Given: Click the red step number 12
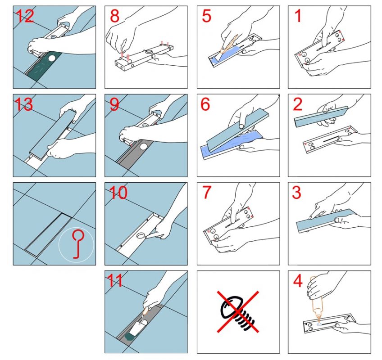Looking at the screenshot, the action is click(25, 16).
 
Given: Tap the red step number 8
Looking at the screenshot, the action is click(114, 16).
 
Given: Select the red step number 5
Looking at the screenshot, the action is click(206, 16).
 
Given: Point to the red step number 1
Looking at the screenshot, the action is click(298, 16).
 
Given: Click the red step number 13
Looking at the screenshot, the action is click(23, 104).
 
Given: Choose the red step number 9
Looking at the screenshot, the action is click(114, 104).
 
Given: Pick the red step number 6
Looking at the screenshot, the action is click(205, 104).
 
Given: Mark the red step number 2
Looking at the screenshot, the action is click(298, 104).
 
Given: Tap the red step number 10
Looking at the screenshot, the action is click(118, 193).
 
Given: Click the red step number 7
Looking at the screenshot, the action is click(207, 192).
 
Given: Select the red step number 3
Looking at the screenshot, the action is click(296, 192).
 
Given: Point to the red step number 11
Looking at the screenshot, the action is click(115, 281).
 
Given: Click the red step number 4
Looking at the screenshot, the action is click(298, 281).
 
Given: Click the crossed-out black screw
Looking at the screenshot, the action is click(238, 312).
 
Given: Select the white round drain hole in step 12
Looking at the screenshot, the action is click(52, 58).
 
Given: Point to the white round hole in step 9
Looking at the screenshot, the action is click(144, 146).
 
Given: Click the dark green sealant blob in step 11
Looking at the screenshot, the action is click(131, 337).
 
